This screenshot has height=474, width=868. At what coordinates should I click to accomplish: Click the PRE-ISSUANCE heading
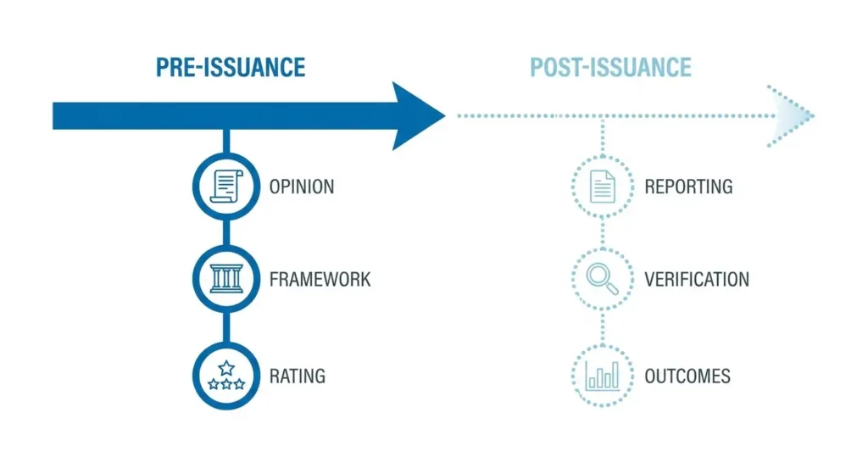(231, 68)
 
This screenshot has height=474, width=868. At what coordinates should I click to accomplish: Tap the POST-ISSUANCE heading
(610, 68)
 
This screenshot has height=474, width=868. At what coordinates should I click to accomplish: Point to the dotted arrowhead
(792, 116)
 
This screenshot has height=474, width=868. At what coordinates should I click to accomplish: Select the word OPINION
(302, 187)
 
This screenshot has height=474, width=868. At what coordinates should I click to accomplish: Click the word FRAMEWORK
(320, 279)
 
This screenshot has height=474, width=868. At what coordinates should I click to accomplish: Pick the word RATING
(298, 376)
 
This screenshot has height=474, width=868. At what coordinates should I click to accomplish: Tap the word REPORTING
(688, 187)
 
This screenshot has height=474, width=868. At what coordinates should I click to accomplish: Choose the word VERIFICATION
(697, 279)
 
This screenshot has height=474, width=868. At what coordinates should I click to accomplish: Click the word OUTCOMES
(687, 376)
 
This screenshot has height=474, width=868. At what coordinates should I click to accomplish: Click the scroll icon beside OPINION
(226, 187)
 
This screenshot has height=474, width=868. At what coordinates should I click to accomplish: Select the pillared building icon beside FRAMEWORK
(226, 278)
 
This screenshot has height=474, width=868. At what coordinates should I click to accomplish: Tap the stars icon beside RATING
(226, 376)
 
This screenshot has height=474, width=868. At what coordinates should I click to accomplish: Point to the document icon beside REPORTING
(603, 187)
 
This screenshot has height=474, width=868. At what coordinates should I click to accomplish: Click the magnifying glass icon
(603, 279)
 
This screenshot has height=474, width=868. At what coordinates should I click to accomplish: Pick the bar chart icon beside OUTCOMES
(603, 376)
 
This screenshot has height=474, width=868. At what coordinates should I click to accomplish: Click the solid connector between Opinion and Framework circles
(226, 232)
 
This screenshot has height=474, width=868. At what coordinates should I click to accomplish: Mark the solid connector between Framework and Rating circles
(226, 327)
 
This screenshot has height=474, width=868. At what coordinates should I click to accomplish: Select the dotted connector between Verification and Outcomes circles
(603, 327)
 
